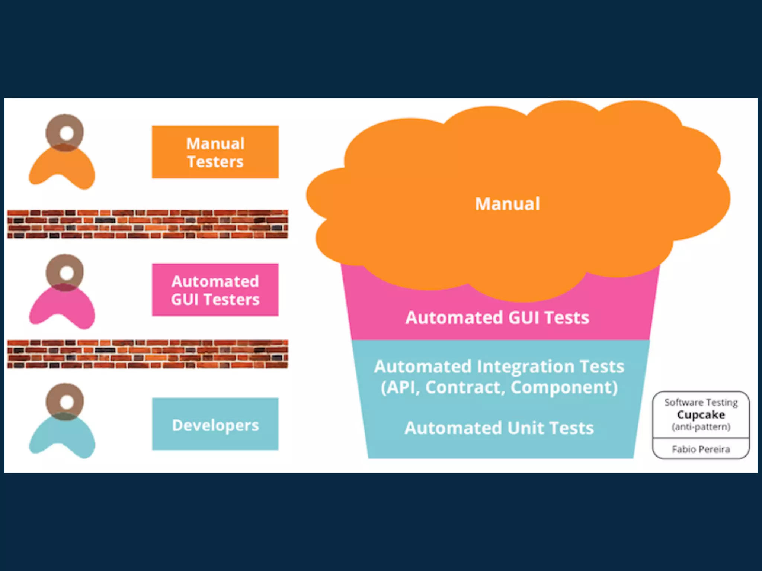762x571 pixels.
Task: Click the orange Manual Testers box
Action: (215, 152)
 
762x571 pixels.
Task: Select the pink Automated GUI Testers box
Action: (215, 290)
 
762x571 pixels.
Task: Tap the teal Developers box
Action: (215, 424)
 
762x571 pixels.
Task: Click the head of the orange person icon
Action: (65, 133)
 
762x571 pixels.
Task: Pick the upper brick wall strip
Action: (147, 224)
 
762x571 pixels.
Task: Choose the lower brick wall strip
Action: (147, 354)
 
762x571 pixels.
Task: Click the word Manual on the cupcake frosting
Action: (507, 204)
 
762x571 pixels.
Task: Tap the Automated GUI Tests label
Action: (497, 318)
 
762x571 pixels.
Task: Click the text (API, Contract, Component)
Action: (499, 387)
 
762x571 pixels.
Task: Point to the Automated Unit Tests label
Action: (499, 428)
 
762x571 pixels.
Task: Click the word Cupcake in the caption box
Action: (701, 414)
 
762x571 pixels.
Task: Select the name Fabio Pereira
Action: (701, 449)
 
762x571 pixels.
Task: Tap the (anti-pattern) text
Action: (701, 427)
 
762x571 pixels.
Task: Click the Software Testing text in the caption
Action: (701, 403)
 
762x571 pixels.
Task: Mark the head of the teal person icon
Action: (65, 401)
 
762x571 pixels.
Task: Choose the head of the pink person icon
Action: (65, 272)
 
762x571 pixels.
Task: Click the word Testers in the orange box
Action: (215, 162)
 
